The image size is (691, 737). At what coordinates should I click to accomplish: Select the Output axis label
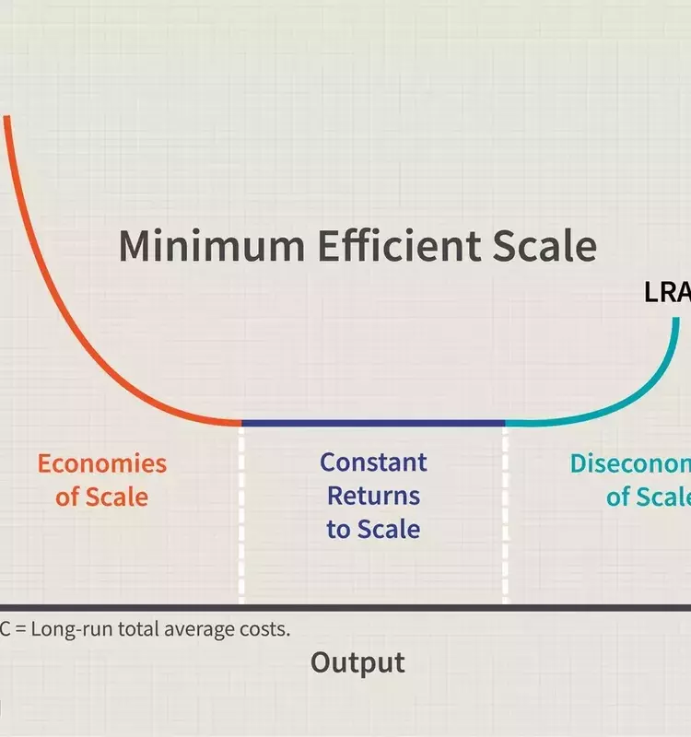click(x=357, y=662)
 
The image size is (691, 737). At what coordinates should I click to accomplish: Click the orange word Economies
click(x=101, y=462)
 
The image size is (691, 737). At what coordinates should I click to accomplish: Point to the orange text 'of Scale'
click(x=101, y=497)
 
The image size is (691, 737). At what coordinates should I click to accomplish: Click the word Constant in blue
click(x=373, y=462)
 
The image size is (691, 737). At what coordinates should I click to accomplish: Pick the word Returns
click(x=373, y=496)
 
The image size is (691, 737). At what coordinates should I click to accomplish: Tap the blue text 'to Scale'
click(x=373, y=529)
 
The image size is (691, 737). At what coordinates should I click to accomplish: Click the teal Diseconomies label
click(x=630, y=462)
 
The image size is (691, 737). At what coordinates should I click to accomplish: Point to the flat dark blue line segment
click(x=373, y=423)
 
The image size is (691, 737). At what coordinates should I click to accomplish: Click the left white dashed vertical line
click(x=241, y=516)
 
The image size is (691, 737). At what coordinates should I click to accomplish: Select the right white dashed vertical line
click(x=505, y=516)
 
